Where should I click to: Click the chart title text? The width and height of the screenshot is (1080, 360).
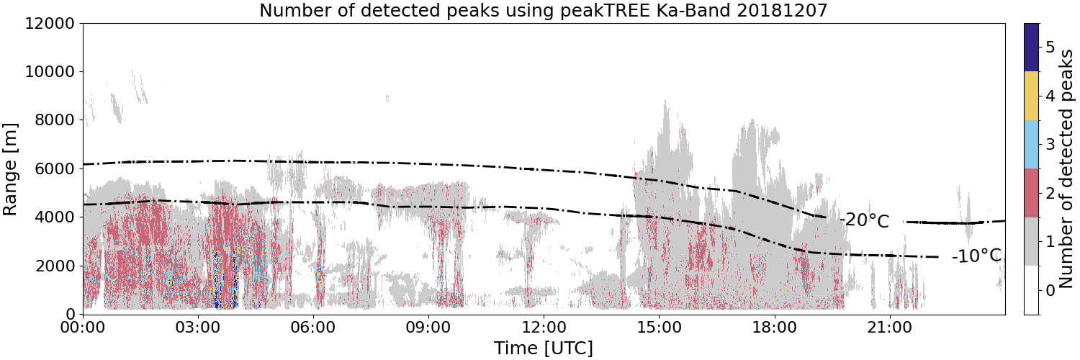(x=544, y=10)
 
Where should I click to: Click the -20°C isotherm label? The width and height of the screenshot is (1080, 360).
(x=864, y=221)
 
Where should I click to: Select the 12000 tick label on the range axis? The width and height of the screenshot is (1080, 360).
(x=50, y=23)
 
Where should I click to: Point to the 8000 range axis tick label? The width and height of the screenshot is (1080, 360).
(x=55, y=120)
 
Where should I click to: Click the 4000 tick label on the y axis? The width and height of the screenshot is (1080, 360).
(x=55, y=217)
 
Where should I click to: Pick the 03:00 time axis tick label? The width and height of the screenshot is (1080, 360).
(x=198, y=328)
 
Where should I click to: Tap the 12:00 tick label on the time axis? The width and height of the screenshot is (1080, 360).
(x=544, y=328)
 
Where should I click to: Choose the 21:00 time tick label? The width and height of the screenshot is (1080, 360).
(x=889, y=328)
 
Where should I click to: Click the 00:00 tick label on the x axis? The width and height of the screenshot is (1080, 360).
(x=83, y=328)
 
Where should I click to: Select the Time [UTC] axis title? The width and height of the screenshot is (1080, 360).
(x=544, y=348)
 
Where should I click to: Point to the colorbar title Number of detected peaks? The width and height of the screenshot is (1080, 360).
(x=1067, y=168)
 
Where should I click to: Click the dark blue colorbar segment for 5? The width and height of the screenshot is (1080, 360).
(x=1031, y=48)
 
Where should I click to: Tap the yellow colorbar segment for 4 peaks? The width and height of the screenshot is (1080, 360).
(x=1031, y=96)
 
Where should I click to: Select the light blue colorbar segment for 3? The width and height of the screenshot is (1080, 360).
(x=1031, y=145)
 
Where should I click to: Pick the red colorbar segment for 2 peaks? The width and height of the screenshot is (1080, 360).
(x=1031, y=193)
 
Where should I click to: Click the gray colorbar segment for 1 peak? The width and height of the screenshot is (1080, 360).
(x=1031, y=241)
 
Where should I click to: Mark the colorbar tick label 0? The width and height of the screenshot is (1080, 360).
(x=1050, y=291)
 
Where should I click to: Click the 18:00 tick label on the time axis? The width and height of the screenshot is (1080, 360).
(x=774, y=328)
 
